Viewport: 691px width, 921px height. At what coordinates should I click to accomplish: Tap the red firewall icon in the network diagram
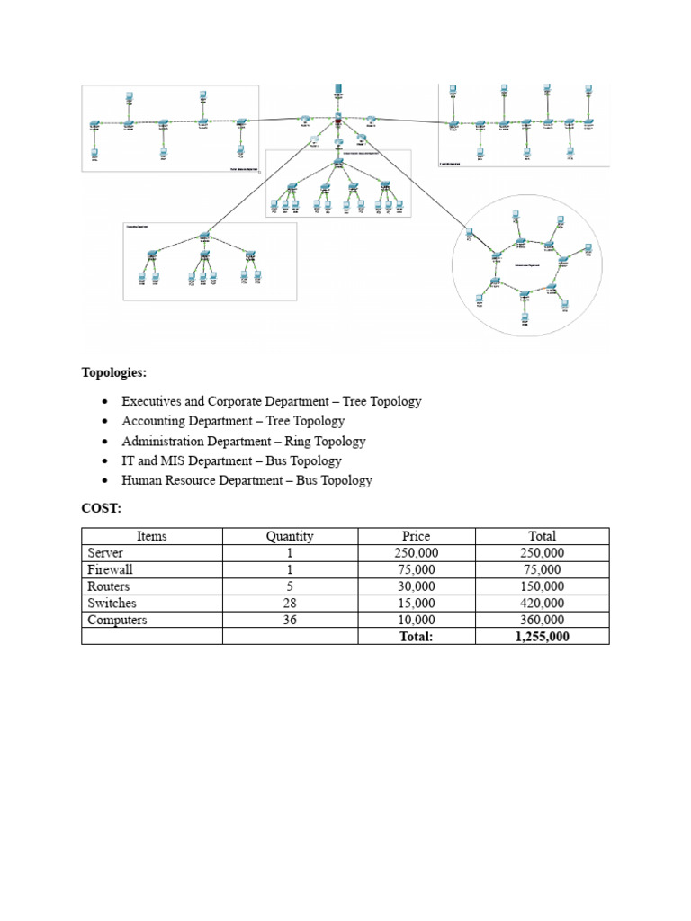coord(338,121)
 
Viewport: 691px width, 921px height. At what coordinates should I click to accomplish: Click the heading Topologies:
coord(114,371)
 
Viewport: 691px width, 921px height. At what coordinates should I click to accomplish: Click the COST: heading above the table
coord(101,508)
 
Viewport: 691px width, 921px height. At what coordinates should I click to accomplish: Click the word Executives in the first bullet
coord(152,401)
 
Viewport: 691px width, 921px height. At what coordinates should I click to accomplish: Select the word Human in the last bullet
coord(141,480)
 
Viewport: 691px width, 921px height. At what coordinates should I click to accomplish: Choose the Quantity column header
coord(290,536)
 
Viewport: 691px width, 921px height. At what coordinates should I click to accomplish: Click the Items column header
coord(151,536)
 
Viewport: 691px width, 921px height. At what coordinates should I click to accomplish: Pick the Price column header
coord(416,536)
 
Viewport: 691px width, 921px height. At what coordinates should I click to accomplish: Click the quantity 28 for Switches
coord(290,603)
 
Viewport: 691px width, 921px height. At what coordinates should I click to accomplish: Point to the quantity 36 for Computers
coord(290,620)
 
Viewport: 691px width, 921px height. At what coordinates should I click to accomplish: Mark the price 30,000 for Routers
coord(416,586)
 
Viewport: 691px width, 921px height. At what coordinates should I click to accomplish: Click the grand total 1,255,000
coord(542,637)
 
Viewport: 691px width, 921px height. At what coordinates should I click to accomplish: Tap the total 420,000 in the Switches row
coord(542,603)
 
